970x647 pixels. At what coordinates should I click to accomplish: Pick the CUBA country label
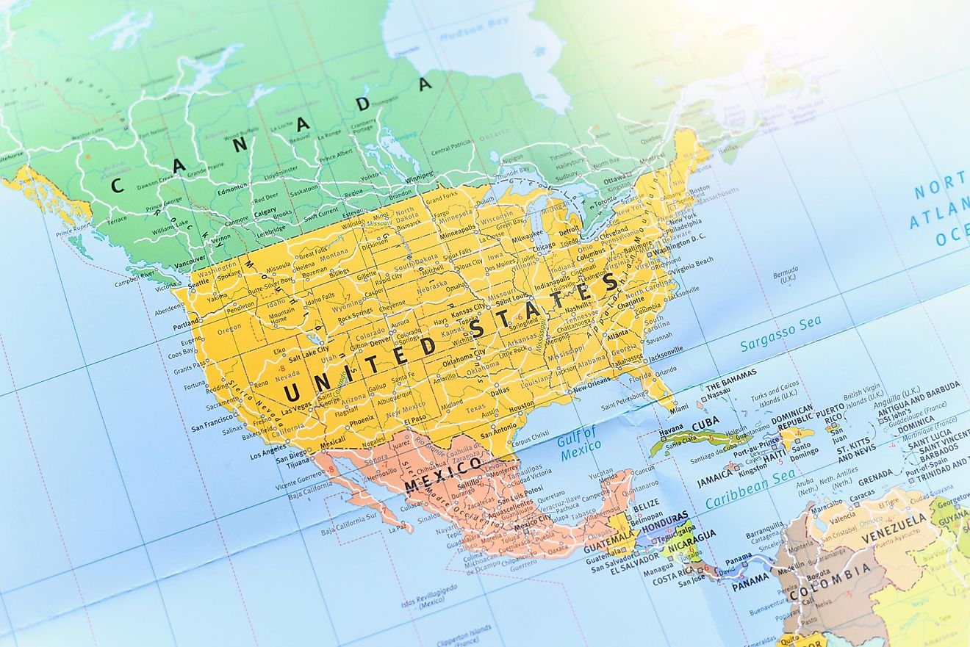[705, 424]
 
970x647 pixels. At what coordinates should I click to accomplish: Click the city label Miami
[680, 407]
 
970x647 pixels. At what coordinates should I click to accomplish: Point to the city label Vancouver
[191, 261]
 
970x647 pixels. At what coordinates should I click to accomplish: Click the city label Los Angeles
[267, 455]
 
